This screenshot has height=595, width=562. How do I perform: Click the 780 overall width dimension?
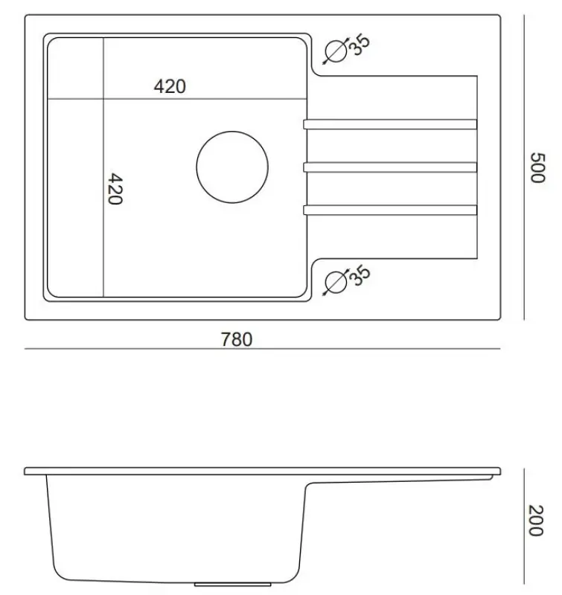tap(237, 340)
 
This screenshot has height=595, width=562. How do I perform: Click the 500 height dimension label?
tap(538, 167)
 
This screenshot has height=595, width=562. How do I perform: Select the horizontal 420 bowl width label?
tap(170, 87)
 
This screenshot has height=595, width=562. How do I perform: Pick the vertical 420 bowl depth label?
tap(114, 190)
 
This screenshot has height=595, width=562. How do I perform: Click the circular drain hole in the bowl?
tap(232, 167)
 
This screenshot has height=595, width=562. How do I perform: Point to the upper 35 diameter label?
tap(360, 45)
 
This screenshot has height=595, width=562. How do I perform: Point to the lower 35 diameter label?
tap(360, 275)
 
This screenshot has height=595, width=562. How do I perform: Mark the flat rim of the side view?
tap(261, 472)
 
